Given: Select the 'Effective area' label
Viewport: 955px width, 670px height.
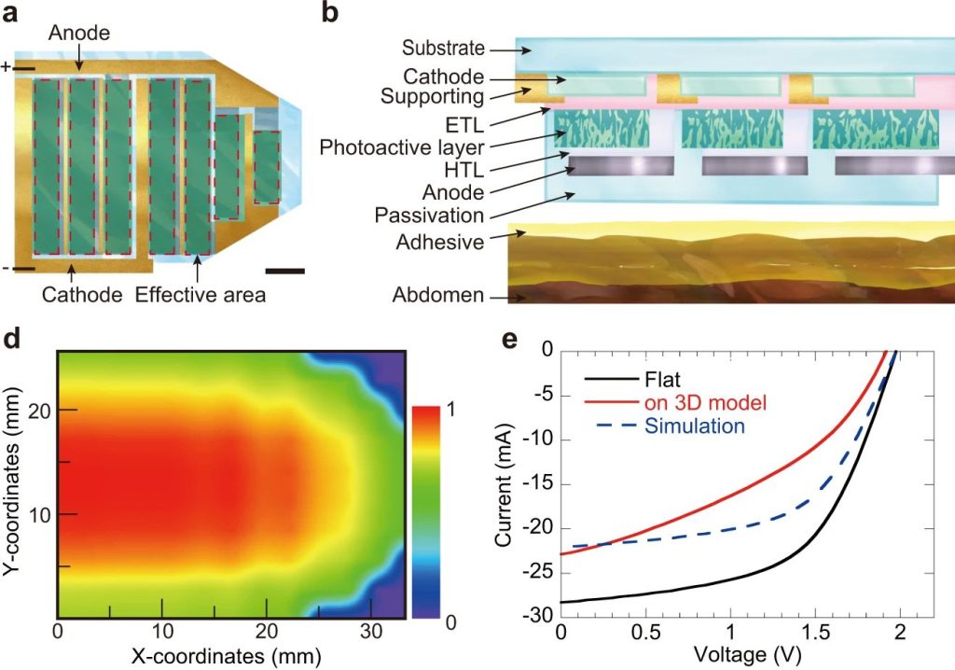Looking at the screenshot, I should [201, 295].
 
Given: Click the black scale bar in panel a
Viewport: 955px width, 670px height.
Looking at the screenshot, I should [284, 272].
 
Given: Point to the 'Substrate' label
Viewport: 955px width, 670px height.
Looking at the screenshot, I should [443, 48].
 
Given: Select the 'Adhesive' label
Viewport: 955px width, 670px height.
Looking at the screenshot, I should [440, 243].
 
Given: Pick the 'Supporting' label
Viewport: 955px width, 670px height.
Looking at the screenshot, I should [433, 97].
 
